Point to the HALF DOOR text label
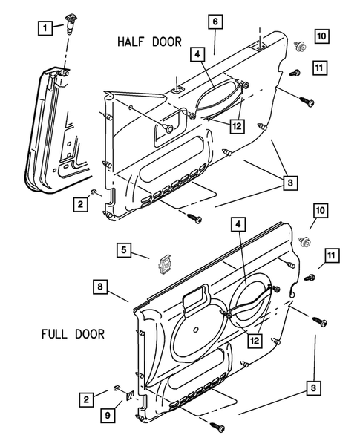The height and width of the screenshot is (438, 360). (x=148, y=42)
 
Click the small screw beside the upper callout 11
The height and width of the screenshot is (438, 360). (x=294, y=72)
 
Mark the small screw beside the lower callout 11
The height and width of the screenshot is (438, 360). (x=310, y=277)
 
